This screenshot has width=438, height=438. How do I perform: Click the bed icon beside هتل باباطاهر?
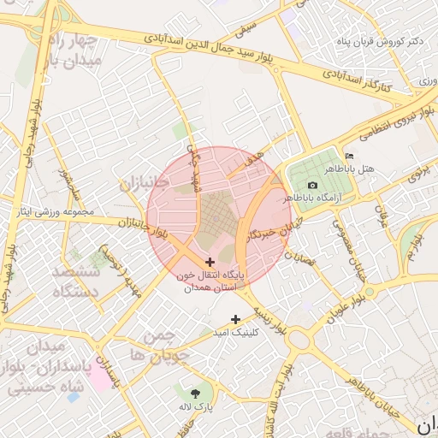click(349, 155)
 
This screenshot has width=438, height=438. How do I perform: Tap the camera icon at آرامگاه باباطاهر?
click(312, 185)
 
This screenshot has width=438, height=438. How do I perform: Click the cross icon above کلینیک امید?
click(236, 319)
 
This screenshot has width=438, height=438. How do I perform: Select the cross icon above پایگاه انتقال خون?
click(210, 261)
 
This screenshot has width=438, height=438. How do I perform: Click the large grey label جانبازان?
click(145, 182)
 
